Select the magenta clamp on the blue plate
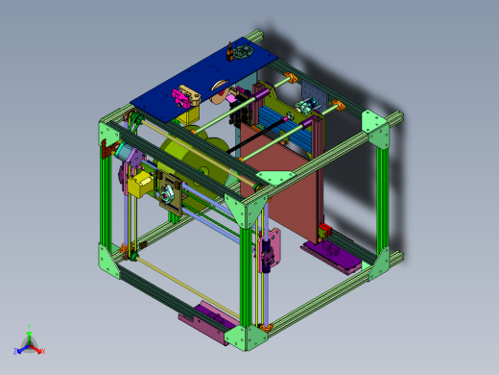[x=182, y=97]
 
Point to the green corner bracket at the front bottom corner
[x=251, y=334]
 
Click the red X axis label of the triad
[x=43, y=351]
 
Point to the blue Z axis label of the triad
[x=17, y=351]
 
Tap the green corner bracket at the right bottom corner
[x=389, y=262]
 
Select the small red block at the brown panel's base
[x=323, y=230]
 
